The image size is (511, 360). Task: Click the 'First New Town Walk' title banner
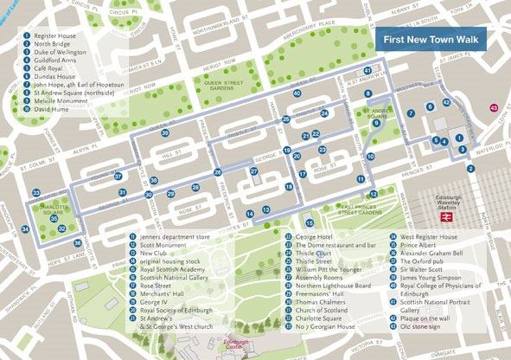click(431, 39)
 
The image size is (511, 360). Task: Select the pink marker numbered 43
click(494, 107)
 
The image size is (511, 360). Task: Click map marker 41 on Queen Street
click(368, 71)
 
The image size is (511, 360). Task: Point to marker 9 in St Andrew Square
click(377, 124)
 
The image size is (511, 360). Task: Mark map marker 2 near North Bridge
click(470, 169)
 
